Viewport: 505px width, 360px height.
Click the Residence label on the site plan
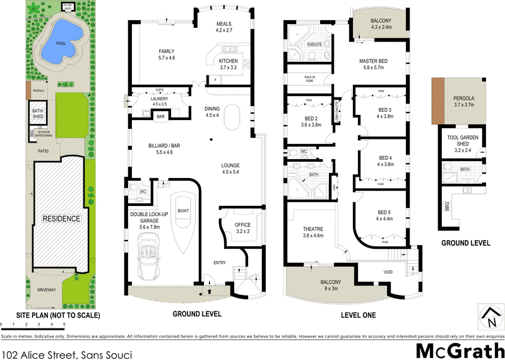coord(61,219)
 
